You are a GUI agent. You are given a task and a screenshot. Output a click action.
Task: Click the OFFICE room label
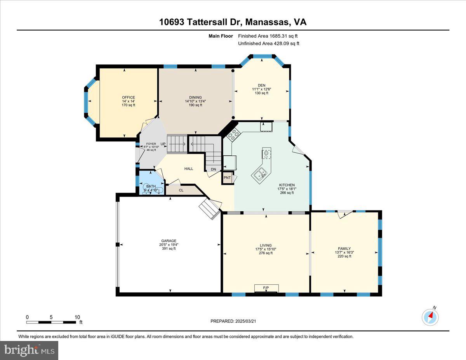(129, 97)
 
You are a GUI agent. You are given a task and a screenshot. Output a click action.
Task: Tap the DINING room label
(195, 97)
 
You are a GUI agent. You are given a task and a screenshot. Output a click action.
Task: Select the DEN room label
(261, 85)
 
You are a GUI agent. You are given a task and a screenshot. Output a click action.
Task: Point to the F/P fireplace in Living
(266, 288)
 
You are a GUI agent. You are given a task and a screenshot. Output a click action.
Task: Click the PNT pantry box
(228, 178)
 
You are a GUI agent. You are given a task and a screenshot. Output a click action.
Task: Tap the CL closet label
(181, 190)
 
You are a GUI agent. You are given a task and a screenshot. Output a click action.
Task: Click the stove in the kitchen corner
(234, 135)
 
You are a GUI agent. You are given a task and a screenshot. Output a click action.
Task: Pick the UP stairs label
(163, 144)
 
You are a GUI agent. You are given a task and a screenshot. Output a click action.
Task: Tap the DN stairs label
(214, 169)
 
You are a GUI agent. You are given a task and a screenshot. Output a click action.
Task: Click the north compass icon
(430, 317)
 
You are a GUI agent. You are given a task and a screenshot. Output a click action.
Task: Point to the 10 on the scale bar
(77, 317)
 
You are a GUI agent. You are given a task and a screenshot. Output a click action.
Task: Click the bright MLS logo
(30, 350)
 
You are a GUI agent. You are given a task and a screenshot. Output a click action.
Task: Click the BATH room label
(151, 187)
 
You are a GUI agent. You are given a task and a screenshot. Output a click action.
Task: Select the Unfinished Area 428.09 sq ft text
(268, 43)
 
